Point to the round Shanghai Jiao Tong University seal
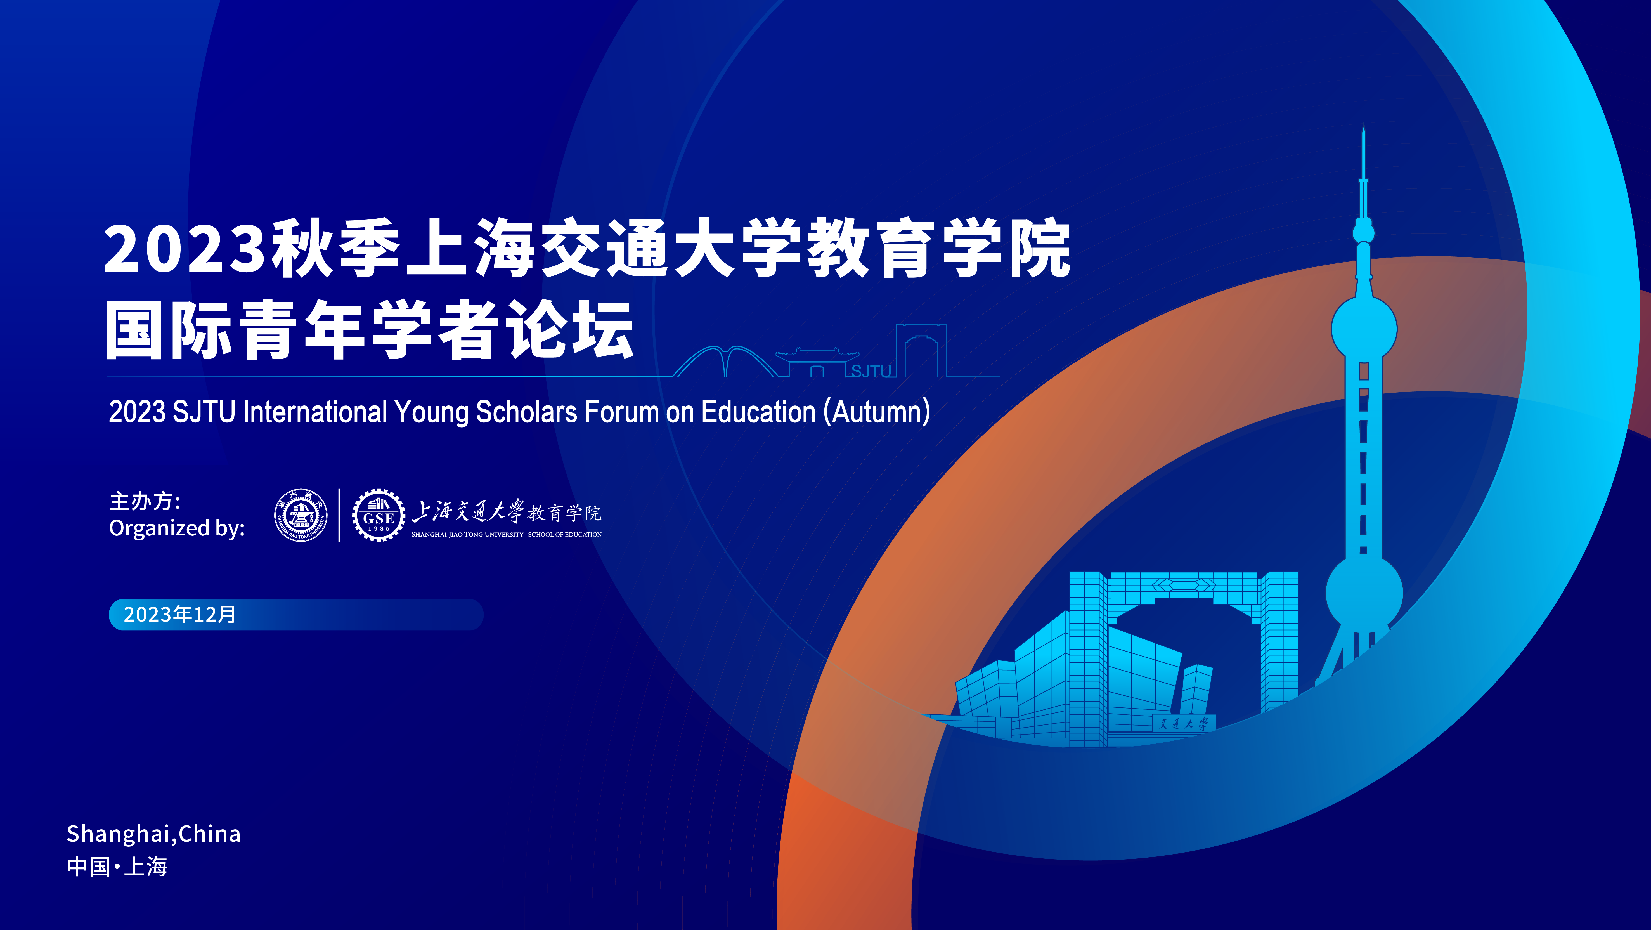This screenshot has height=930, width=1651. [301, 515]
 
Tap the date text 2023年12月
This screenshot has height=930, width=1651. [180, 615]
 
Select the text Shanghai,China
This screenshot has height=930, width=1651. [154, 834]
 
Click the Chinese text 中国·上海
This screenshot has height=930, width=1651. [117, 867]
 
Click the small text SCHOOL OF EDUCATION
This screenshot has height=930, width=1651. [565, 535]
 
